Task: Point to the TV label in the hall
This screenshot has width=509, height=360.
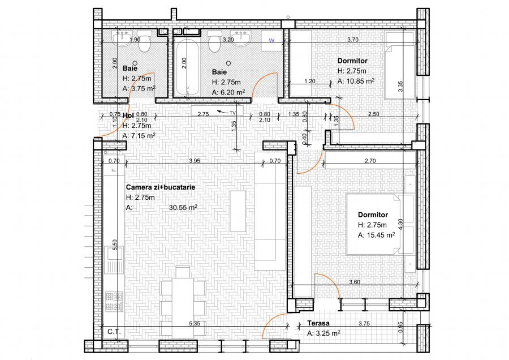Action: [232, 113]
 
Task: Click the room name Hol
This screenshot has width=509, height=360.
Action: [128, 115]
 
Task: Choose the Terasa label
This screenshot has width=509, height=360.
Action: [319, 324]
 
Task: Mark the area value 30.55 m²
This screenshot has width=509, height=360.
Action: [183, 208]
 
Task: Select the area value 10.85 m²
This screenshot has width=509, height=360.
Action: [356, 81]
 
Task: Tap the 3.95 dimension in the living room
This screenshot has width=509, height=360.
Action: [194, 161]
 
